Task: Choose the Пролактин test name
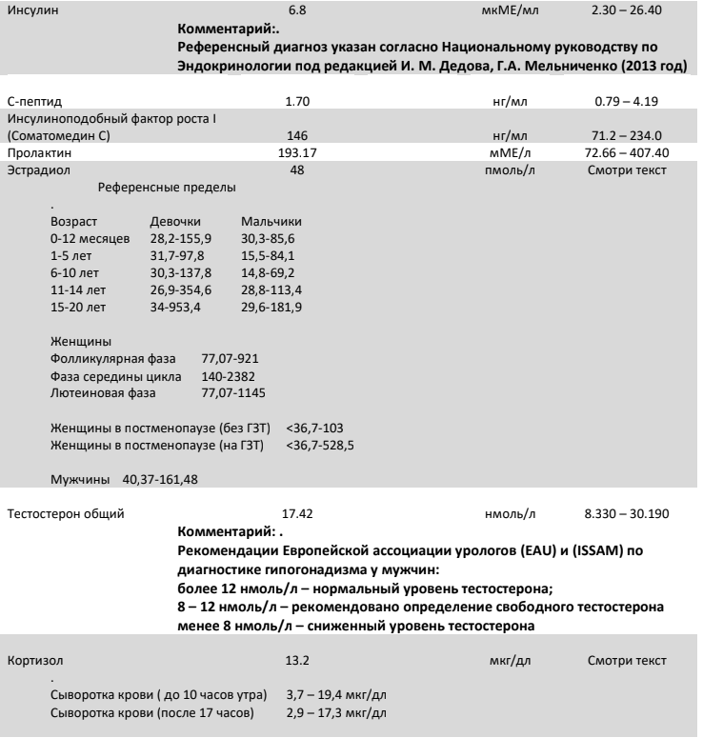point(37,152)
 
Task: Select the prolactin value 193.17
point(301,152)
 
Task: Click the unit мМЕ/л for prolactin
point(510,152)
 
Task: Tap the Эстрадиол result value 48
point(301,169)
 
